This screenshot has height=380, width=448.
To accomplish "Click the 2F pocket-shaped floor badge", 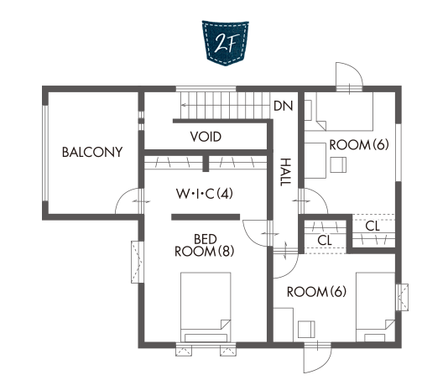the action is pos(225,43).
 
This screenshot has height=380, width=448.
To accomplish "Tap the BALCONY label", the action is pos(92,152).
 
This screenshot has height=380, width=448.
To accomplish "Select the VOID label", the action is pos(206,137).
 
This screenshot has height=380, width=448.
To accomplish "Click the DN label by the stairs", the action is pos(283,106).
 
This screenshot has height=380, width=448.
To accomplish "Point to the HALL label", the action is pos(285,172).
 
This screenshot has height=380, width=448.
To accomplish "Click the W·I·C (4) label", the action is pos(205,194).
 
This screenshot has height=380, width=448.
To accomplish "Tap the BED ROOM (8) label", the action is pos(205,246).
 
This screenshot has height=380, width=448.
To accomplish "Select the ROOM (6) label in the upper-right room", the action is pos(359,144).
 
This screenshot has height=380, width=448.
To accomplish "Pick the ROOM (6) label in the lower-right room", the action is pos(316,292).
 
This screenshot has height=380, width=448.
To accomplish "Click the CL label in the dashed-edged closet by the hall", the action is pos(325,240).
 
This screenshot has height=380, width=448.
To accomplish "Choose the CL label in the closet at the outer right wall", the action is pos(372,226).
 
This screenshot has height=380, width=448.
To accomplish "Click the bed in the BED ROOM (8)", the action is pos(206,307).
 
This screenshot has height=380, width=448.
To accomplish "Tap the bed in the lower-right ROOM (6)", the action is pos(375,307).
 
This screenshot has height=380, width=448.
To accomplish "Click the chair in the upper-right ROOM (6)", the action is pos(338,164).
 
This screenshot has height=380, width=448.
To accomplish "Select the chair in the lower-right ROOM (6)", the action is pos(306,329).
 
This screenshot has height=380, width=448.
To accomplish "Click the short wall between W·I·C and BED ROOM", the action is pos(206,217).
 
